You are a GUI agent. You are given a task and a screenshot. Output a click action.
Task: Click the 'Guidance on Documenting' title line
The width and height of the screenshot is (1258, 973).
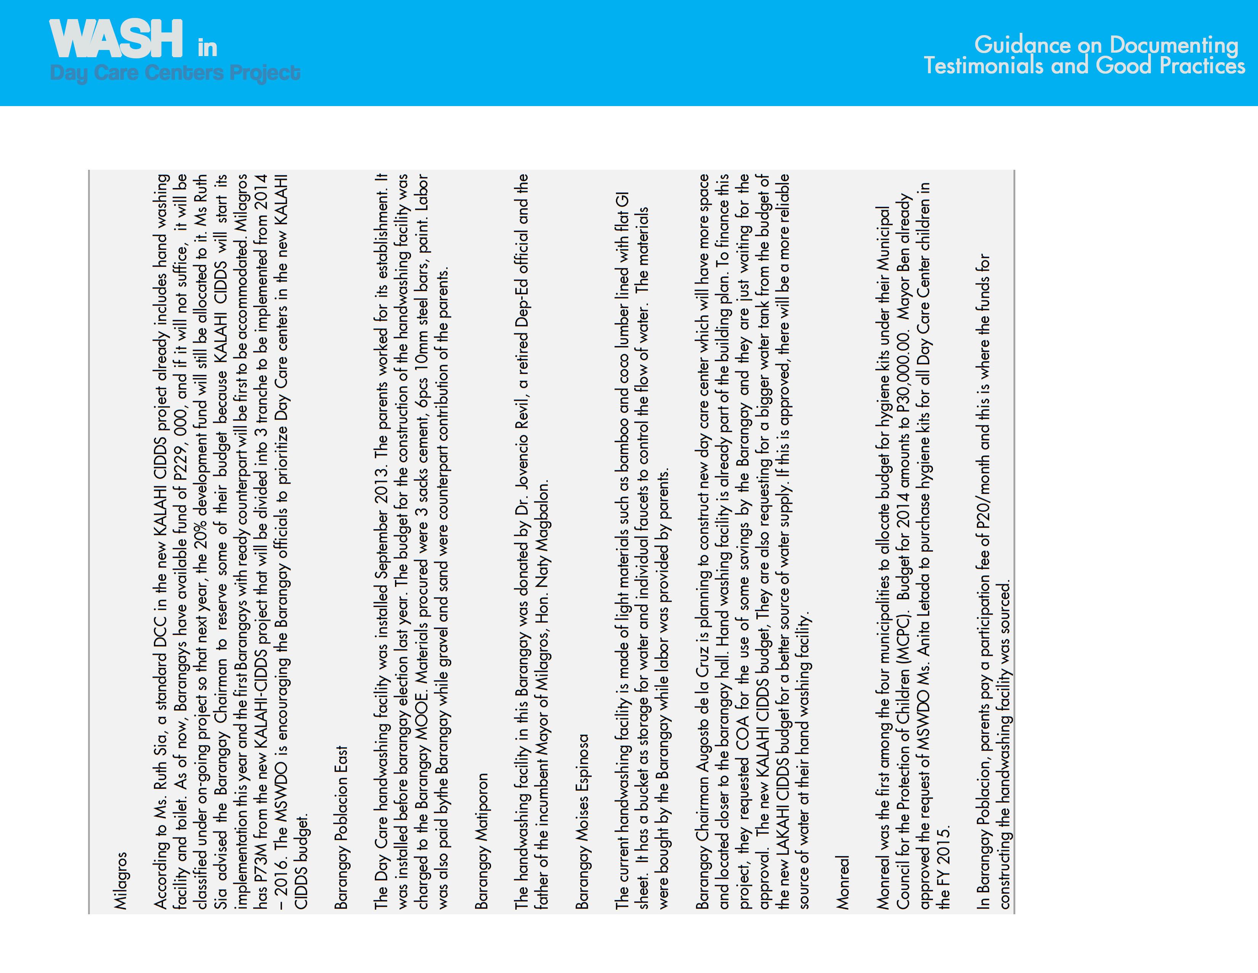[x=1106, y=45]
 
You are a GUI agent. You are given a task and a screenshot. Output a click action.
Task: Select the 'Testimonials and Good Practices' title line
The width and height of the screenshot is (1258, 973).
[x=1085, y=66]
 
